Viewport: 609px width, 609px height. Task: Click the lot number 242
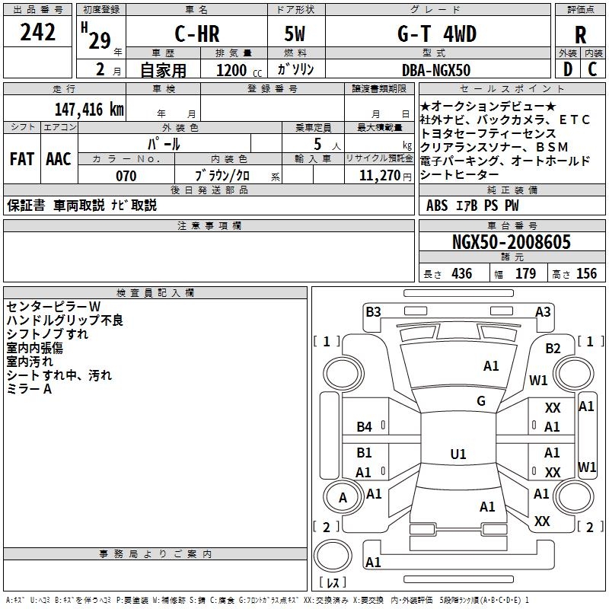pos(37,33)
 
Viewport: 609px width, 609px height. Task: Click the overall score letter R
pos(580,35)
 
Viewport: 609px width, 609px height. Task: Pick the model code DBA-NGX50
pos(436,70)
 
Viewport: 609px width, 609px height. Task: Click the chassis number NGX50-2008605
pos(511,243)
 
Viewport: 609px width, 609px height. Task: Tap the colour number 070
pos(126,176)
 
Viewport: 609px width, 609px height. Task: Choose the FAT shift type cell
pos(22,159)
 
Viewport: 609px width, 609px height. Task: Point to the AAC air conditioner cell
pos(58,159)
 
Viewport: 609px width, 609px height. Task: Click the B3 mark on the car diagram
pos(373,311)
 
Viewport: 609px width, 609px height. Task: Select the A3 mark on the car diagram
pos(543,311)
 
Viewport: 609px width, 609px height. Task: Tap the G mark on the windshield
pos(481,401)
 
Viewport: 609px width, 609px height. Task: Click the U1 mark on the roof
pos(458,454)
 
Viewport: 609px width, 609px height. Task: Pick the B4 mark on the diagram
pos(365,426)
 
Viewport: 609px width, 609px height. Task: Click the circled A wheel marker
pos(343,498)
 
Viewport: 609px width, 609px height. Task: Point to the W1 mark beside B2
pos(539,380)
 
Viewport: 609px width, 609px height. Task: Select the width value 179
pos(526,274)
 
